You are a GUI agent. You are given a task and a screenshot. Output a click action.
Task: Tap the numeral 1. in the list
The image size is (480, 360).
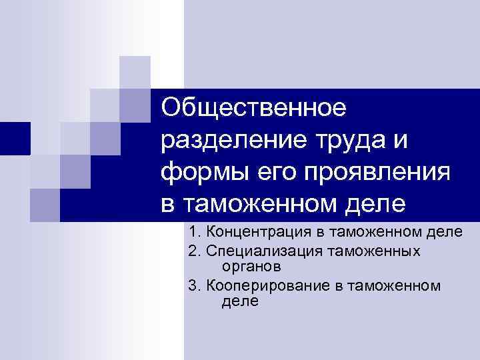point(195,232)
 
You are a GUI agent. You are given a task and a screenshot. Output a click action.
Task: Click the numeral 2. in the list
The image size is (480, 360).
point(195,251)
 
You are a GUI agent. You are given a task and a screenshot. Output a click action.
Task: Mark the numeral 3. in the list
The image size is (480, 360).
point(195,286)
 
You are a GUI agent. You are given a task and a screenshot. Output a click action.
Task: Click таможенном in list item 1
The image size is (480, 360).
point(383,232)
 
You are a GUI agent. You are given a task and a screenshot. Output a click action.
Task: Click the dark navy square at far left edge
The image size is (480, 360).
point(15,139)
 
